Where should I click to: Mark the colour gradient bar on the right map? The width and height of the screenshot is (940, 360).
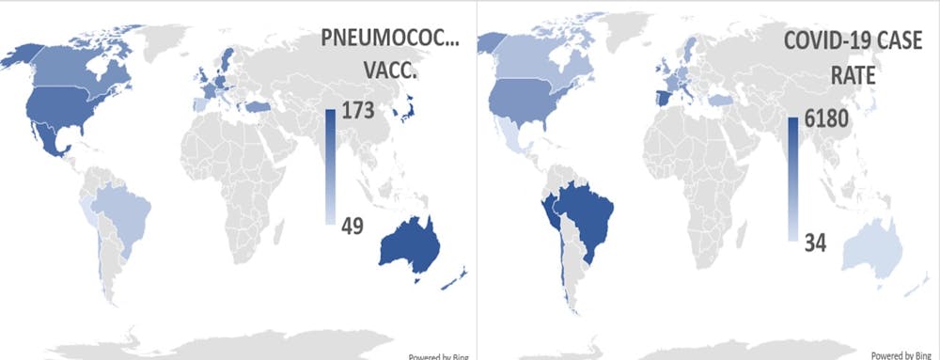pos(793,178)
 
